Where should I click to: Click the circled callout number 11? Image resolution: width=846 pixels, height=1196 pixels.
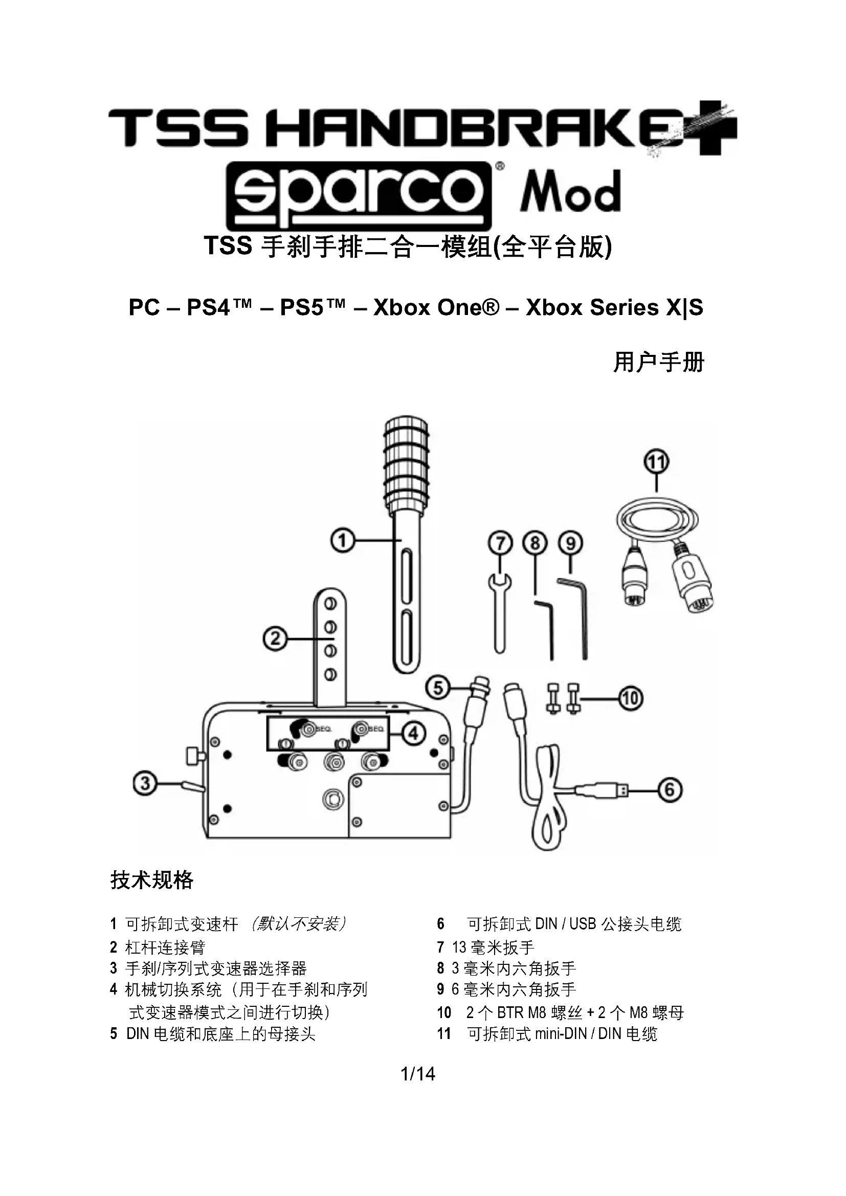point(656,462)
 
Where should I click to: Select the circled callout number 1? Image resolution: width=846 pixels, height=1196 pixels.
point(342,540)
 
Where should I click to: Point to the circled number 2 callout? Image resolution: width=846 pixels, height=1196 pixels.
point(275,638)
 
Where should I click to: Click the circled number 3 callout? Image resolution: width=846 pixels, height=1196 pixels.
point(145,783)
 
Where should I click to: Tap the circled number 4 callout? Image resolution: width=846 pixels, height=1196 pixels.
point(413,733)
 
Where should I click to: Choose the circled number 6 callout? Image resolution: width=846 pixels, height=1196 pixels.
point(670,790)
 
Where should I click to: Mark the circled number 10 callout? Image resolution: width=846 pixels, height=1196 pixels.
point(630,698)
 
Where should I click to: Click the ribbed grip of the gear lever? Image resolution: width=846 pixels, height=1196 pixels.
point(406,464)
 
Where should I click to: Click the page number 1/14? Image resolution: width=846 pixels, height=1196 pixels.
point(418,1074)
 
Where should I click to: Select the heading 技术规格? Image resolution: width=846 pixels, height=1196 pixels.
point(151,881)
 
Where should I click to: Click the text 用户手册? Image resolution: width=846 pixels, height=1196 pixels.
point(658,362)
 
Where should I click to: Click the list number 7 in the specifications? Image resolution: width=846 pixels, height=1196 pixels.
point(441,947)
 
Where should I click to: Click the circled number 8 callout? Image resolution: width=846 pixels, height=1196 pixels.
point(535,544)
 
